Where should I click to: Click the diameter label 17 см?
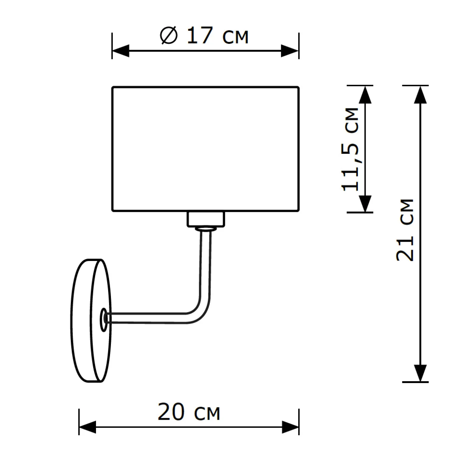tap(217, 35)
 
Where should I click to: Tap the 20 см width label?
tap(189, 412)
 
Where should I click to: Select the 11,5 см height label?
tap(350, 149)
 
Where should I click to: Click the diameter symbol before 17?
tap(169, 35)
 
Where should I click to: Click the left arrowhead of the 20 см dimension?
tap(88, 427)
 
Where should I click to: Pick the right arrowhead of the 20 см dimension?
tap(290, 427)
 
